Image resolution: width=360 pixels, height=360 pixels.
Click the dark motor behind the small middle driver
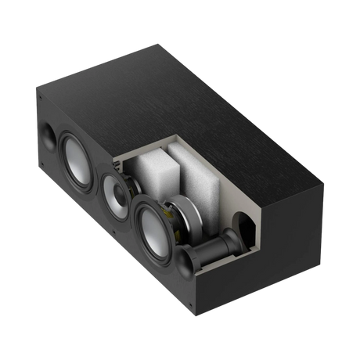(x=133, y=193)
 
